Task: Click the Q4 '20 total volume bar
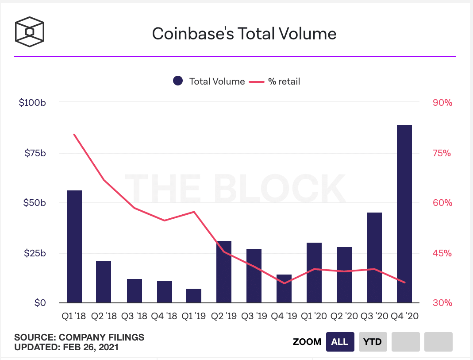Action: click(x=404, y=214)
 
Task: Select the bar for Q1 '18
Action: click(x=74, y=247)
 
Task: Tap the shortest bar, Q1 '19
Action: click(x=194, y=296)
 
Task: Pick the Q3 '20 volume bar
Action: click(x=374, y=258)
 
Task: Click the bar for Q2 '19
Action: click(x=224, y=272)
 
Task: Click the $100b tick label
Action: click(x=33, y=103)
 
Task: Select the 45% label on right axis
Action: click(x=442, y=253)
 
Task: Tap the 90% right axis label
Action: click(x=442, y=103)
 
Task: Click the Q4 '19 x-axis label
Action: click(x=284, y=316)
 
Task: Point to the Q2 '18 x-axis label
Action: click(x=104, y=316)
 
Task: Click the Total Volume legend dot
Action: click(x=178, y=81)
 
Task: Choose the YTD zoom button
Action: click(x=373, y=342)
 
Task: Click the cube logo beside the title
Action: click(x=30, y=31)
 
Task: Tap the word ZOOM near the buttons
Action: click(x=307, y=342)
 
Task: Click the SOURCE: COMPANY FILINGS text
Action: click(x=79, y=337)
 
